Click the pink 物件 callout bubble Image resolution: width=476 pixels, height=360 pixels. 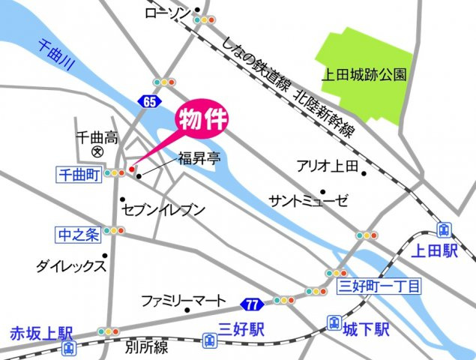[x=202, y=120]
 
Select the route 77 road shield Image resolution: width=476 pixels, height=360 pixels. [x=251, y=304]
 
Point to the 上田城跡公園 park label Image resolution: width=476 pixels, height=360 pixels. [x=364, y=74]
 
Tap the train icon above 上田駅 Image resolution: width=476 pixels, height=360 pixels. [x=444, y=229]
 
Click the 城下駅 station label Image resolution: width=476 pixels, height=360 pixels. [x=368, y=328]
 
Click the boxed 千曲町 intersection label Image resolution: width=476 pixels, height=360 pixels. [x=79, y=173]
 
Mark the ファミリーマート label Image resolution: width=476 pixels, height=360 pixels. [x=184, y=301]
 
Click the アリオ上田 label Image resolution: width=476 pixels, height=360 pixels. [x=328, y=166]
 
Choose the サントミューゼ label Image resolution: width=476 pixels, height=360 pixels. [x=309, y=200]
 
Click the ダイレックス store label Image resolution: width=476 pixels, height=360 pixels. [x=70, y=265]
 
